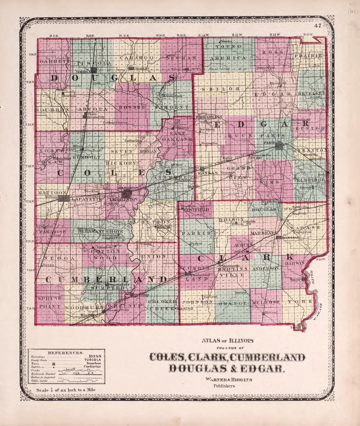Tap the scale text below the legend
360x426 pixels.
tap(66, 390)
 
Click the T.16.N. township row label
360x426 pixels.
tap(32, 55)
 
